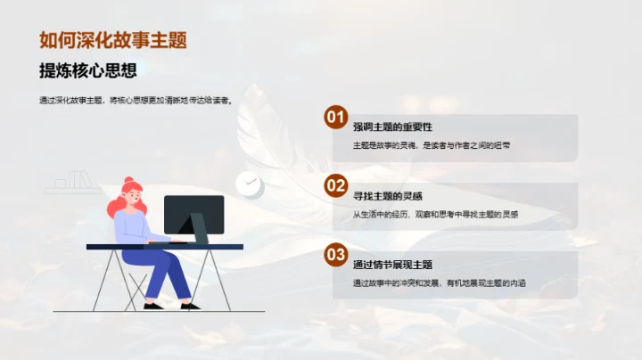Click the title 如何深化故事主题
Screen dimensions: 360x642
click(113, 40)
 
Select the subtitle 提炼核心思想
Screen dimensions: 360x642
click(88, 71)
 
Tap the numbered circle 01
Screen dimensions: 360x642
click(335, 117)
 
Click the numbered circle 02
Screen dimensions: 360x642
click(335, 185)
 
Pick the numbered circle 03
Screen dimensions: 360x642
click(335, 255)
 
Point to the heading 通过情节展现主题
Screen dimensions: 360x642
click(392, 264)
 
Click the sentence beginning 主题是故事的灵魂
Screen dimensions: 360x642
click(432, 145)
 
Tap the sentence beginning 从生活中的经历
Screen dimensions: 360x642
click(435, 214)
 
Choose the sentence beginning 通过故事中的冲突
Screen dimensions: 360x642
click(440, 282)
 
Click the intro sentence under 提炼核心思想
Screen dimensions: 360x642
click(136, 101)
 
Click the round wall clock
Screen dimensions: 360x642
click(250, 184)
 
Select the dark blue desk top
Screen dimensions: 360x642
click(165, 246)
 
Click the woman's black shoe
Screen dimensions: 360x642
click(152, 306)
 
